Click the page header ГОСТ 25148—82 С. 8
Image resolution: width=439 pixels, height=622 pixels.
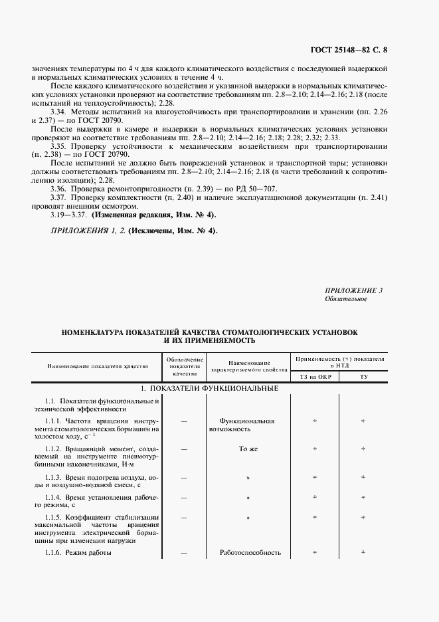tap(357, 49)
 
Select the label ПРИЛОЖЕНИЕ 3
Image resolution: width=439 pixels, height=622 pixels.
tap(354, 290)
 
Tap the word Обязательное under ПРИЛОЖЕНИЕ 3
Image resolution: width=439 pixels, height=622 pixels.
tap(345, 299)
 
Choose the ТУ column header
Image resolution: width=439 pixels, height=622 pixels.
tap(363, 377)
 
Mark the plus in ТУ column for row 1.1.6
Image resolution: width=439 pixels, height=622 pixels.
tap(363, 552)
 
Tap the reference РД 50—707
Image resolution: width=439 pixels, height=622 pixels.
tap(252, 188)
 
